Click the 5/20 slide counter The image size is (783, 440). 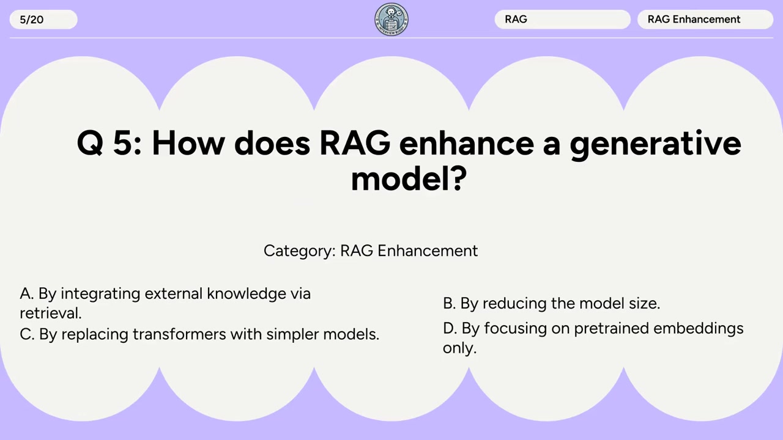(x=32, y=20)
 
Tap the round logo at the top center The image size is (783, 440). (x=391, y=20)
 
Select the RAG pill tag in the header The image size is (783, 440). (x=562, y=20)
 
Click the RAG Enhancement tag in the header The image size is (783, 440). (x=705, y=20)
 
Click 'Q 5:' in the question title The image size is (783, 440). (x=109, y=143)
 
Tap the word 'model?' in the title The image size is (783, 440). (x=409, y=178)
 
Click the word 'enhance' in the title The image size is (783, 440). (x=466, y=143)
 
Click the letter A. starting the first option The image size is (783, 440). (x=26, y=294)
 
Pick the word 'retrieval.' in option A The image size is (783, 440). (x=50, y=313)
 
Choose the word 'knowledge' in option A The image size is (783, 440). (x=247, y=294)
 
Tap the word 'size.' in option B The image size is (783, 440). (x=644, y=304)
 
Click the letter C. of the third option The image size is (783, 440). (x=27, y=335)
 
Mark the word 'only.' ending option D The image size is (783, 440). (x=459, y=348)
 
